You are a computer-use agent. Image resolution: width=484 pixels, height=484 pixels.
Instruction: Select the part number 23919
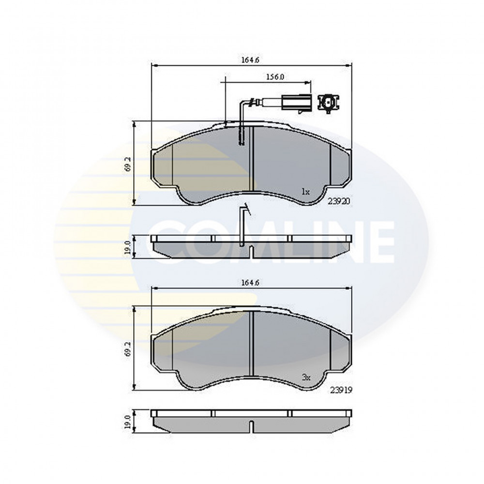pyautogui.click(x=341, y=390)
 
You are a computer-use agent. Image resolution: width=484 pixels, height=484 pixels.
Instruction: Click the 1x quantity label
pyautogui.click(x=305, y=192)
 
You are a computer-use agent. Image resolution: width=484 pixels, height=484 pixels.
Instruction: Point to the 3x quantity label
pyautogui.click(x=306, y=377)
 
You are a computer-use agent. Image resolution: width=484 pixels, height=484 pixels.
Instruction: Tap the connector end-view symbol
pyautogui.click(x=329, y=103)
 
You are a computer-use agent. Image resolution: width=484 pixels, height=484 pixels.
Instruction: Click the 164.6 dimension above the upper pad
pyautogui.click(x=250, y=60)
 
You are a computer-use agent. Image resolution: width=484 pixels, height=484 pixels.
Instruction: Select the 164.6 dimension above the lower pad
pyautogui.click(x=250, y=283)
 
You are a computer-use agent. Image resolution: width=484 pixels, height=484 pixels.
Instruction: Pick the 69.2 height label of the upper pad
pyautogui.click(x=129, y=164)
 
